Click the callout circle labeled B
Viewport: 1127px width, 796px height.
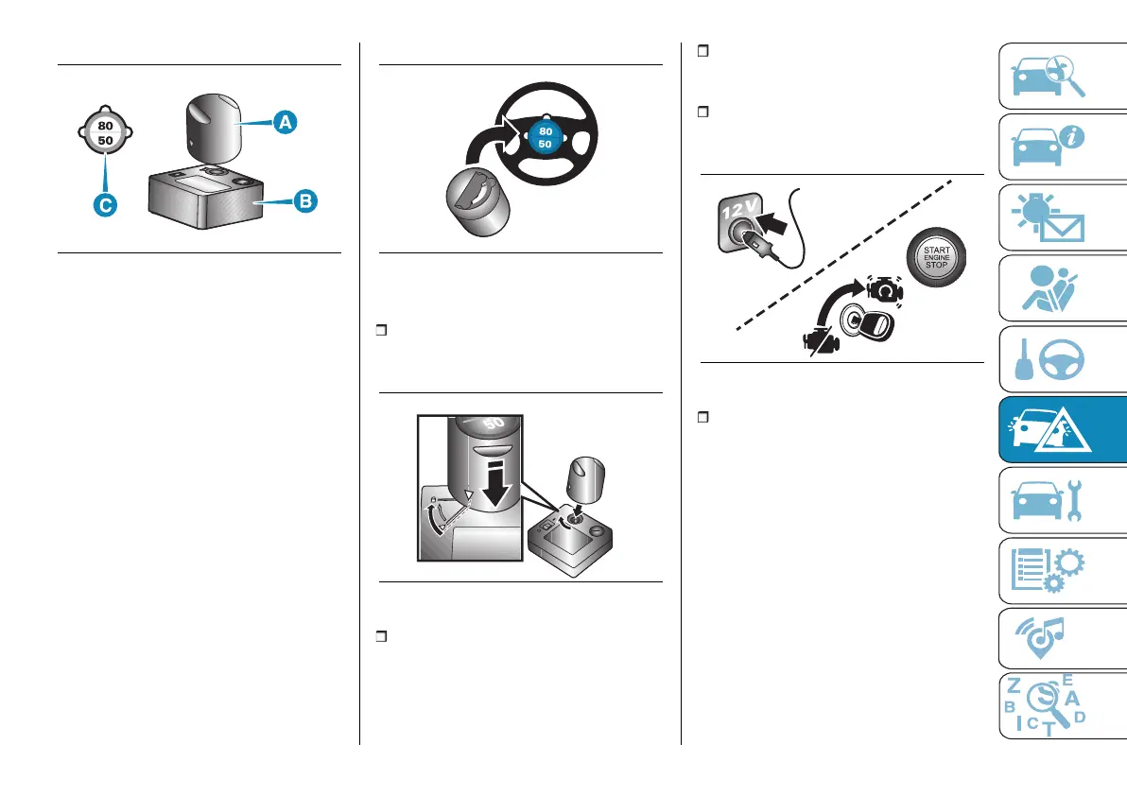305,201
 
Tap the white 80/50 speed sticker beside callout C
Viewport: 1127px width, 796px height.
106,132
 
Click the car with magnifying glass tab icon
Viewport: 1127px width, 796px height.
1049,76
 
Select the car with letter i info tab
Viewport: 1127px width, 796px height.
1049,147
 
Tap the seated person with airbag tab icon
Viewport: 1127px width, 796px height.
1049,288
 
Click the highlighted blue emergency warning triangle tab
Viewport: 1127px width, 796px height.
1049,430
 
